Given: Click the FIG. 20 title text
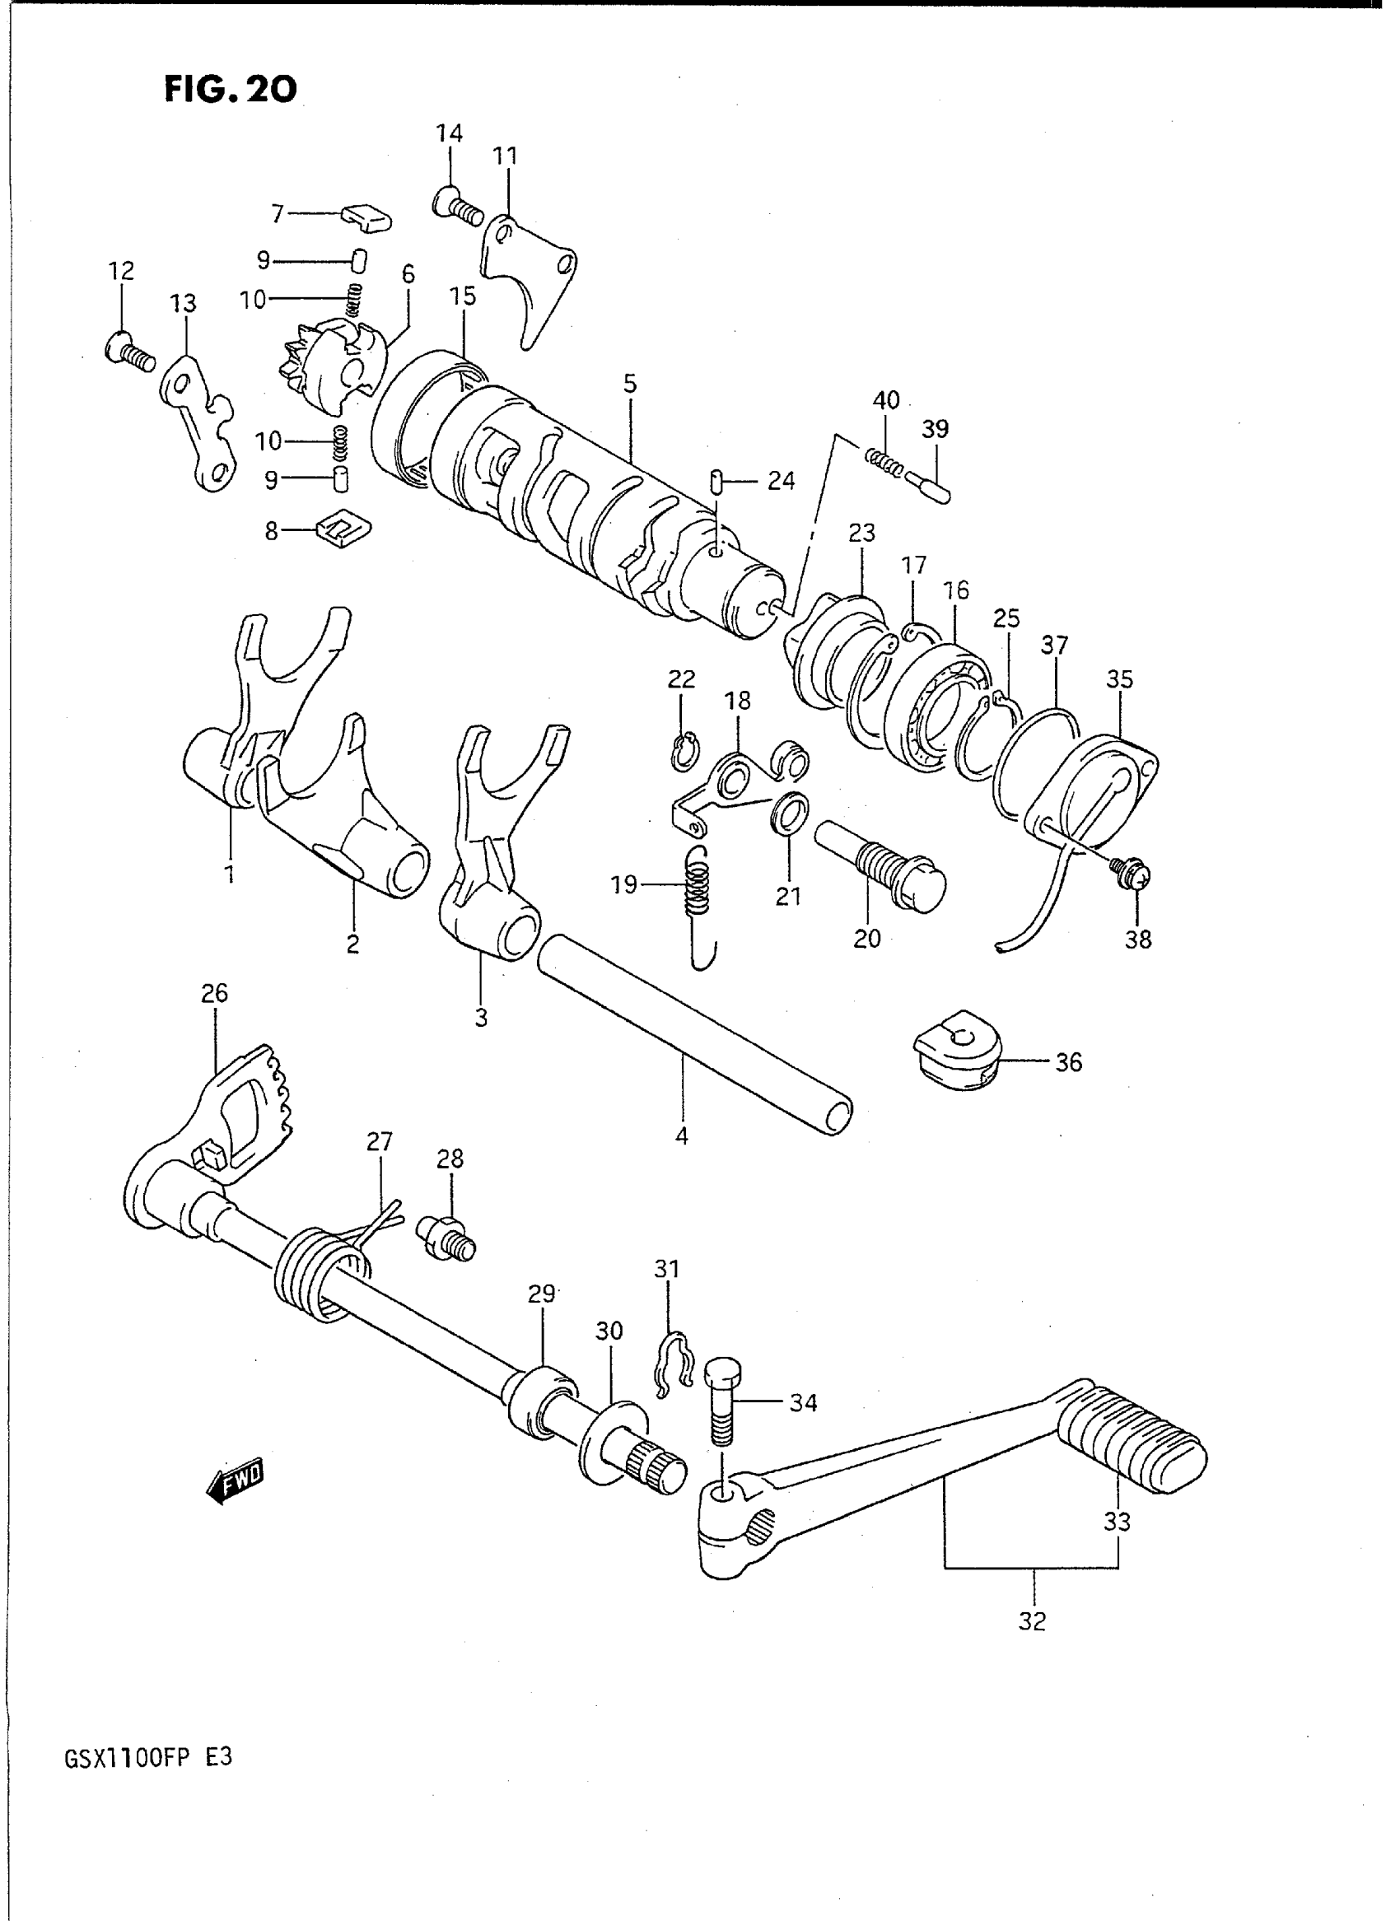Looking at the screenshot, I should pyautogui.click(x=230, y=88).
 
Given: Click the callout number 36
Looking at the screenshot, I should pyautogui.click(x=1068, y=1061).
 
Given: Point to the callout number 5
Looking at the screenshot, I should pyautogui.click(x=630, y=384).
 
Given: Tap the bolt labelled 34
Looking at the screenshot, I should pyautogui.click(x=721, y=1401).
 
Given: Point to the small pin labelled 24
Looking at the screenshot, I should pyautogui.click(x=716, y=483).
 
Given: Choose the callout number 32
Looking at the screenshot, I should pyautogui.click(x=1032, y=1622).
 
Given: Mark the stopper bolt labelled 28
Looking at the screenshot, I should pyautogui.click(x=446, y=1239).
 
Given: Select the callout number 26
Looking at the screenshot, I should pyautogui.click(x=214, y=992).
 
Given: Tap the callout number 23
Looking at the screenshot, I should pyautogui.click(x=861, y=533).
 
